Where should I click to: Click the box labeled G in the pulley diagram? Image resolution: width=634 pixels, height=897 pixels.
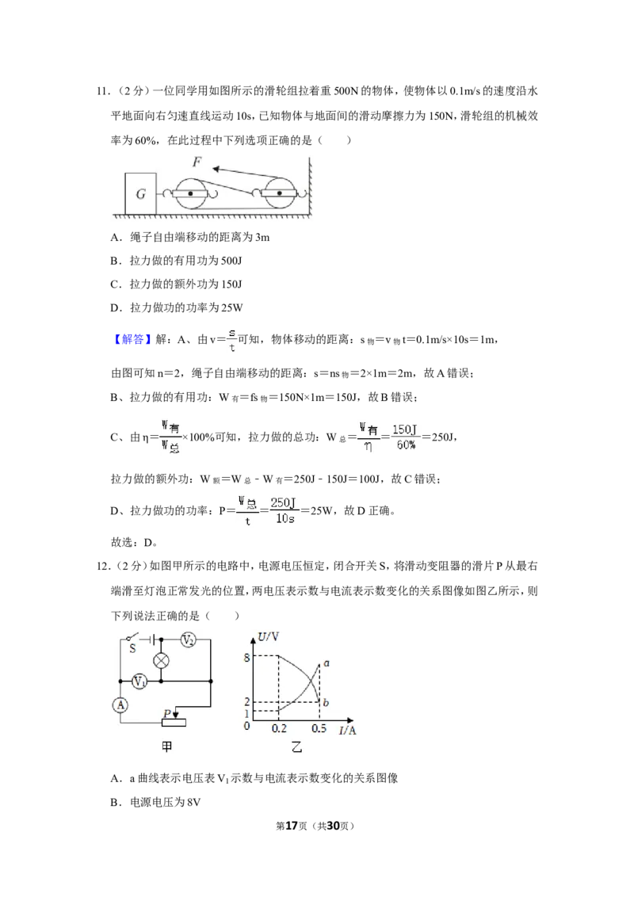[141, 193]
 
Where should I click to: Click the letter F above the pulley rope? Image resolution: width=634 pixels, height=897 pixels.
[197, 162]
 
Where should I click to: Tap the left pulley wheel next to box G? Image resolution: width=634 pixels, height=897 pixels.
[190, 194]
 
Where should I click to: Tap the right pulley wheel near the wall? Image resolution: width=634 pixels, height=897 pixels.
[279, 193]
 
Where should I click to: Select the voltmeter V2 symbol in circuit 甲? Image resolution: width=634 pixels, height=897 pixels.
[188, 641]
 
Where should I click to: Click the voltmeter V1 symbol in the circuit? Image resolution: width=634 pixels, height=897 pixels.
[139, 681]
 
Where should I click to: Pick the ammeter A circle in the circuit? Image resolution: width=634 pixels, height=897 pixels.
[120, 705]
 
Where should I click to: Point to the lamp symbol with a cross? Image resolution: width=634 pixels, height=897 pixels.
[162, 661]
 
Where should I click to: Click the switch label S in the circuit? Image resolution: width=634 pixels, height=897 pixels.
[133, 649]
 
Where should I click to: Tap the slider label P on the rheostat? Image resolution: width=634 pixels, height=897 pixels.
[167, 713]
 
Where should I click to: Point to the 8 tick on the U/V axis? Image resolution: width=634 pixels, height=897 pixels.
[246, 658]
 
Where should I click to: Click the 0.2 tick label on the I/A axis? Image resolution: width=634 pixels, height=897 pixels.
[279, 728]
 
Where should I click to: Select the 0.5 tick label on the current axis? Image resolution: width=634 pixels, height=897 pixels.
[319, 728]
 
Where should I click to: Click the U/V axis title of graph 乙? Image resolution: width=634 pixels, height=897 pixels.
[268, 636]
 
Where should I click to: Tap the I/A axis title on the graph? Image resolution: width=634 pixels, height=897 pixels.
[347, 730]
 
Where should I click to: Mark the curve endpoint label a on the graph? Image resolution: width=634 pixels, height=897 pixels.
[327, 663]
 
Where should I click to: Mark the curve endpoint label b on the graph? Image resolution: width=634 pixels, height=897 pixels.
[326, 702]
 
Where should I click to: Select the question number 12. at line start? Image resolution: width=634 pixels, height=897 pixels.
[104, 567]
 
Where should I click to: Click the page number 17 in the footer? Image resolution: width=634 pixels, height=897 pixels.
[292, 826]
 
